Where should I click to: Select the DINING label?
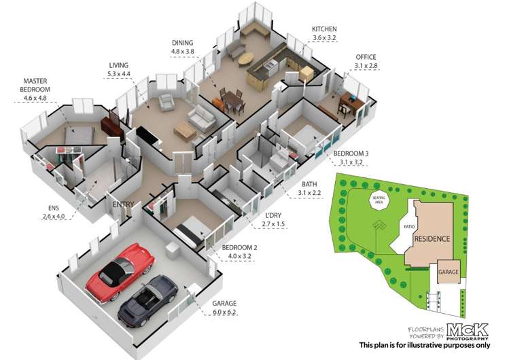click(183, 42)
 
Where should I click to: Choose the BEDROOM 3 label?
click(351, 154)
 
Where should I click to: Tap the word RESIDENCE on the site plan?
click(432, 239)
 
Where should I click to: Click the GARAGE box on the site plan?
click(448, 271)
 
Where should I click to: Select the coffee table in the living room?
click(183, 128)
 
